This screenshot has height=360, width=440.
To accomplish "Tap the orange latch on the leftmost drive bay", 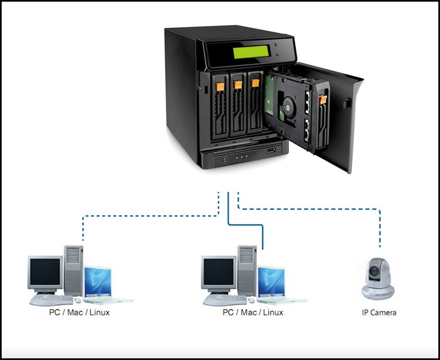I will pos(219,86).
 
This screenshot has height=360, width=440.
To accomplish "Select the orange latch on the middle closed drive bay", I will pos(237,85).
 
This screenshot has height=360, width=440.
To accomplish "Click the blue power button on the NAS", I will pos(225,160).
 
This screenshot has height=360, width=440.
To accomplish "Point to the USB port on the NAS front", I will pos(271,150).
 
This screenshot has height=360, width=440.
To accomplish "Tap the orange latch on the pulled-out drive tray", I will pos(322,99).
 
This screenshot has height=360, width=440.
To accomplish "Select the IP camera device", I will pos(378,279).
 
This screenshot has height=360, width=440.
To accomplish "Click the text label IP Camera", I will pos(378,313).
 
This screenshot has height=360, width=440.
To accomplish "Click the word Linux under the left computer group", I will pos(106,313).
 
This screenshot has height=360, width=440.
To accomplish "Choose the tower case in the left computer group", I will pos(73,269).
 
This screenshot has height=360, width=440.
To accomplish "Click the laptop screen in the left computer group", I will pos(98,283).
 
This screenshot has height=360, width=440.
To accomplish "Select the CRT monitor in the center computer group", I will pos(219,273).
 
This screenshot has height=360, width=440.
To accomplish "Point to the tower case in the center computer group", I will pos(247,269).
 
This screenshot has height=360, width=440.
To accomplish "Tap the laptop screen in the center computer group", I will pos(272,283).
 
